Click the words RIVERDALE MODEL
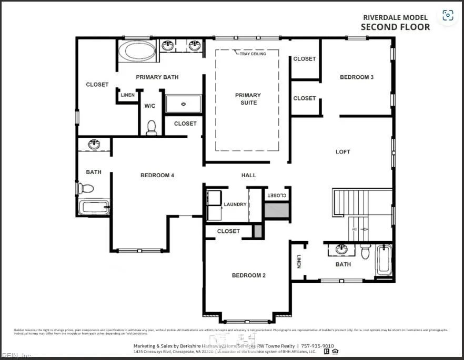point(395,17)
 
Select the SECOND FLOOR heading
point(395,27)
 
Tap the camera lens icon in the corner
point(448,15)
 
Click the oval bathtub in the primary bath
point(137,52)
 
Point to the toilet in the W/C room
point(152,127)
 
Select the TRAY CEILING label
point(253,54)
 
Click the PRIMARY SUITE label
point(248,99)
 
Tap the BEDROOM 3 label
point(357,77)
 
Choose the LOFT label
point(343,152)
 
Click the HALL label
point(249,175)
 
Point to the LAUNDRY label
point(235,204)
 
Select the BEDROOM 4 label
point(157,175)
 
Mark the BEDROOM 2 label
point(249,275)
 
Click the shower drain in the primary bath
point(184,104)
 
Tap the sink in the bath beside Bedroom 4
point(94,144)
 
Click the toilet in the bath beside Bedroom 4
point(86,188)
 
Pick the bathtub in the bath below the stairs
point(384,260)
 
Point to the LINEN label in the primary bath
point(127,95)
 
